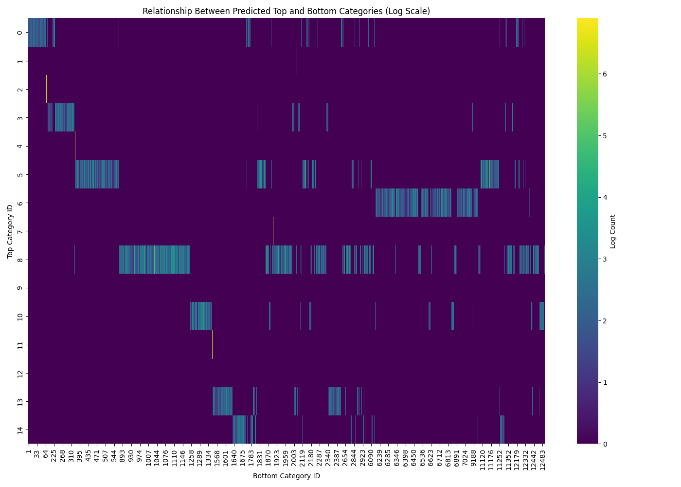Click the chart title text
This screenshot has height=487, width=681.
[286, 11]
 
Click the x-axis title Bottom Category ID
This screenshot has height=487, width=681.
[286, 476]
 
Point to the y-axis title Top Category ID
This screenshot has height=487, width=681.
[10, 231]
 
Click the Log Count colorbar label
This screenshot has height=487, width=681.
[613, 231]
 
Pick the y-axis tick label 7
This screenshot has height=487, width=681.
[19, 231]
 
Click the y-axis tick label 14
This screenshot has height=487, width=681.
[19, 430]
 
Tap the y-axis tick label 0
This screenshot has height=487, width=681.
[19, 33]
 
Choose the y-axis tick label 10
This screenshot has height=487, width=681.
[19, 317]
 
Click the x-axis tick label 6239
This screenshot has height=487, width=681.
[379, 456]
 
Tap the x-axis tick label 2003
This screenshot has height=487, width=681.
[294, 456]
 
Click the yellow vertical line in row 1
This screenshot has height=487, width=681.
[297, 61]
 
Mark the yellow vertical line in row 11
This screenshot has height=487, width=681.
[212, 345]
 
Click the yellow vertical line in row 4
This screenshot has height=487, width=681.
[75, 146]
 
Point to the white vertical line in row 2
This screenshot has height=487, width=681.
[46, 89]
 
